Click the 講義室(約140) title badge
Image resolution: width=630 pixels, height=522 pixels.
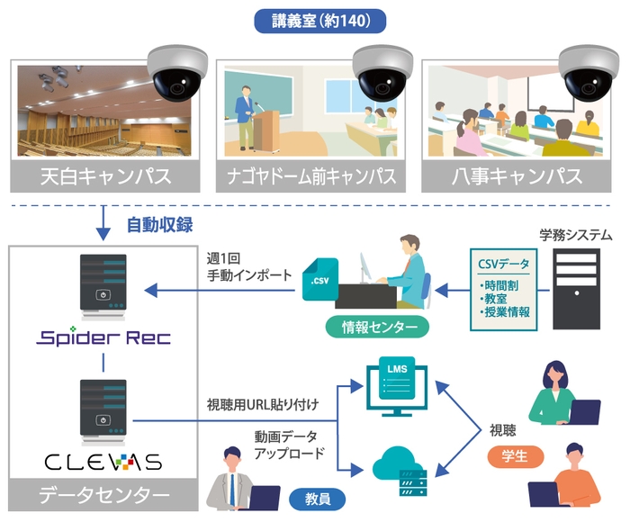tap(315, 20)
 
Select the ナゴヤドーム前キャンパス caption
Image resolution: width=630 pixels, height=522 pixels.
tap(315, 176)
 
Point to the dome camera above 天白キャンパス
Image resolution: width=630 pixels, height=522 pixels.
tap(176, 71)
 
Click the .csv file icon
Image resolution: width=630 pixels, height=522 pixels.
tap(320, 280)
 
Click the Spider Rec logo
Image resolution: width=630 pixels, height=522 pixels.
tap(103, 338)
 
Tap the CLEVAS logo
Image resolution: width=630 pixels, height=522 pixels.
tap(103, 462)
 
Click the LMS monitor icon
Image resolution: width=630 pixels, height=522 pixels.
tap(397, 382)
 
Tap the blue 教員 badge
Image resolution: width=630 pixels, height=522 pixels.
tap(316, 495)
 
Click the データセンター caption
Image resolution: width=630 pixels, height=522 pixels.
tap(103, 495)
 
